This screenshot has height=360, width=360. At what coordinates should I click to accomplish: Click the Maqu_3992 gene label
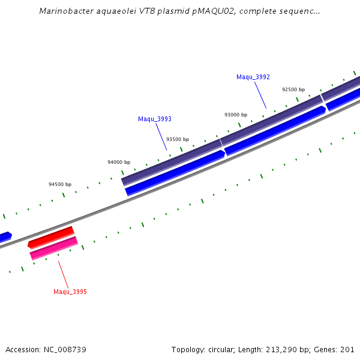click(253, 77)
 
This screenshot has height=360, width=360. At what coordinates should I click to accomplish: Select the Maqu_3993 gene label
click(155, 119)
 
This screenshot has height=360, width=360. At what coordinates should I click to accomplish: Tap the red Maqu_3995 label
click(70, 292)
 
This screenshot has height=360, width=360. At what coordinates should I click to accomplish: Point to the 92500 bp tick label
click(293, 89)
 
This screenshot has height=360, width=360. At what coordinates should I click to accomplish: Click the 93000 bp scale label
click(236, 115)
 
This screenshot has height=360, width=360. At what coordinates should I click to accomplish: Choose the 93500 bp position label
click(178, 139)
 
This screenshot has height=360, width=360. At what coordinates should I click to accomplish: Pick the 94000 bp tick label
click(119, 162)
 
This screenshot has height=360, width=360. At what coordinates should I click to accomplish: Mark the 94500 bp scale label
click(60, 184)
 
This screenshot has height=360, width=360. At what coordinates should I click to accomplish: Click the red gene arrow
click(51, 237)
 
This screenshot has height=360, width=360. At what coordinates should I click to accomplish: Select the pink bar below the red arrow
click(54, 248)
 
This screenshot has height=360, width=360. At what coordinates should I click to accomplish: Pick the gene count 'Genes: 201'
click(338, 349)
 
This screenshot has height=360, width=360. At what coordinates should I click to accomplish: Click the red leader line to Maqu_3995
click(64, 274)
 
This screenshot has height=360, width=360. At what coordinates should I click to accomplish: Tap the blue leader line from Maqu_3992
click(260, 95)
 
